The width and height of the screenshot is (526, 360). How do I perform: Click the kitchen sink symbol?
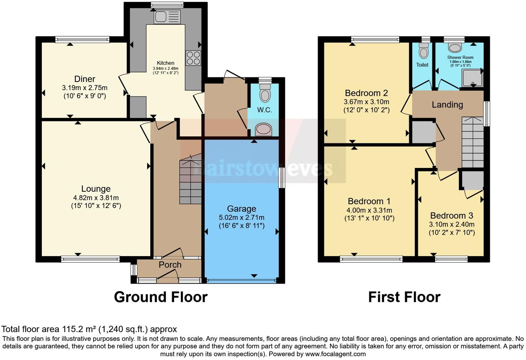tap(167, 17)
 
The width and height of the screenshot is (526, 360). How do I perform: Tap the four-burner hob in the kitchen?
tap(193, 58)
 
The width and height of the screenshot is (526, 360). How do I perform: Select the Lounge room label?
tap(96, 189)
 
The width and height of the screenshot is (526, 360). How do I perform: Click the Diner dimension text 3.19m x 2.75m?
tap(85, 88)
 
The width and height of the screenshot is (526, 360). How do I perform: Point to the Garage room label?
tap(242, 209)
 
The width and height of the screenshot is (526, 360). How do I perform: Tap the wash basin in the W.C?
tap(264, 129)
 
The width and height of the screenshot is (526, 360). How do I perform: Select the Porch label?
tap(170, 265)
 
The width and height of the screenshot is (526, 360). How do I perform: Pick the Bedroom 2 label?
tap(366, 93)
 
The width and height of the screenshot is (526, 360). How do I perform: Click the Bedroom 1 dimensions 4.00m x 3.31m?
tap(369, 210)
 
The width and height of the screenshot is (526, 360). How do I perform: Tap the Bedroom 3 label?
tap(452, 216)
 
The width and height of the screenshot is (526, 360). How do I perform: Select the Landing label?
tap(447, 105)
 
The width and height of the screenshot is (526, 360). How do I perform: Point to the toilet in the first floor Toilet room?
tap(423, 51)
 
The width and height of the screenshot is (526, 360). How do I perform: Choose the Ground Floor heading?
tap(161, 297)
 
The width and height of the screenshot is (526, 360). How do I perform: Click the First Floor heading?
tap(404, 297)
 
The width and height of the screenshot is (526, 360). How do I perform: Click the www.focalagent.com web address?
tap(335, 354)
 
